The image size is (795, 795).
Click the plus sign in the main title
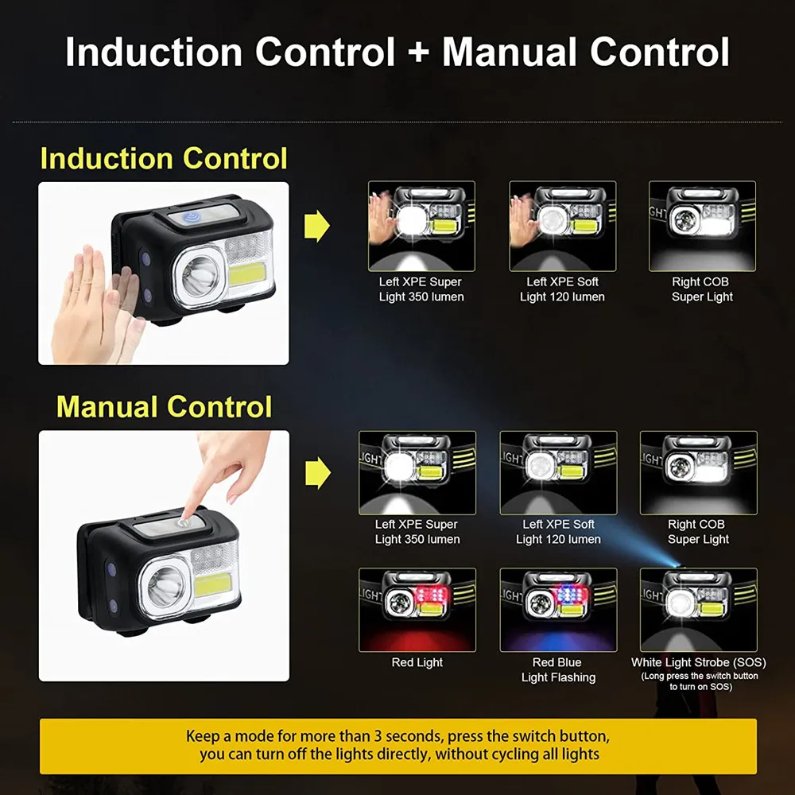418,52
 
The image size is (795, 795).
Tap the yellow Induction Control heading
164,158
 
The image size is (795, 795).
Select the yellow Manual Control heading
164,406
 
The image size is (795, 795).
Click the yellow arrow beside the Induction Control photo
317,226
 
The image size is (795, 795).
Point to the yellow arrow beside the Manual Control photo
318,473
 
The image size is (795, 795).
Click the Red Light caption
417,662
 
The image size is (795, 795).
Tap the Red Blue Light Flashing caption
558,669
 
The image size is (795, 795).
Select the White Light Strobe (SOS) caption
698,662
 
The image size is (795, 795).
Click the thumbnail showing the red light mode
417,610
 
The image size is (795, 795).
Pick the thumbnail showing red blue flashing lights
558,610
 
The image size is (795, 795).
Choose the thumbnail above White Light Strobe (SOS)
699,610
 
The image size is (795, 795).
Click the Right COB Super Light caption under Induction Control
702,289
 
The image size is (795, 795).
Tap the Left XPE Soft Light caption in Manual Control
558,531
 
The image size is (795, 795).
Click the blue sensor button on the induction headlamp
191,218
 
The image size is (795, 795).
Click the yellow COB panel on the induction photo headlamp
246,273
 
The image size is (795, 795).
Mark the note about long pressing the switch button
700,681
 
